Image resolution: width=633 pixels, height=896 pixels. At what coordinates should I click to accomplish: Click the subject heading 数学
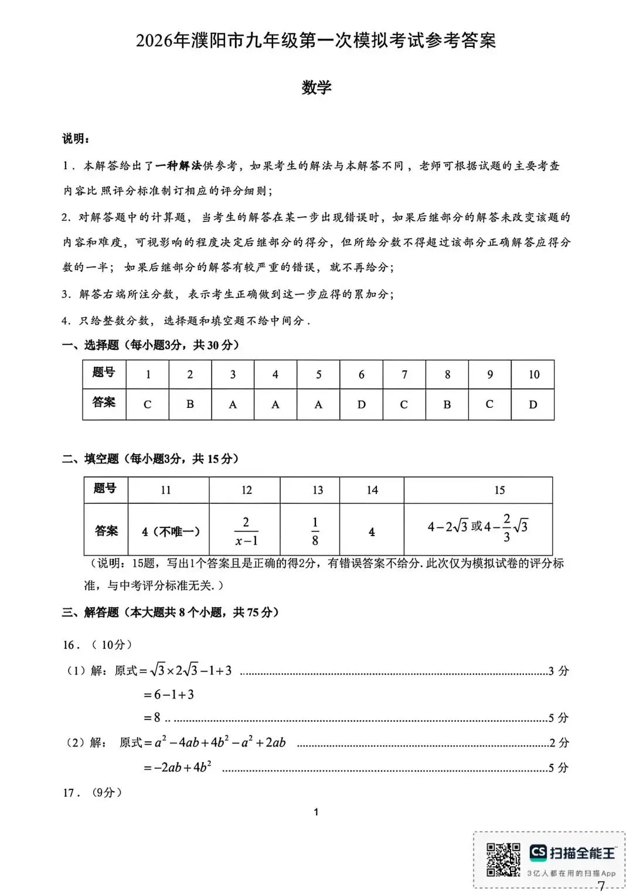coord(316,87)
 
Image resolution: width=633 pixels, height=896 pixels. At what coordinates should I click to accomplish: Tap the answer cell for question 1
coord(147,404)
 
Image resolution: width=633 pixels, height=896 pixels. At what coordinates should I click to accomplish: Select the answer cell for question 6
coord(361,404)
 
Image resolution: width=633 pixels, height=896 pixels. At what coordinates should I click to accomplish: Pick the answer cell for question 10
coord(533,404)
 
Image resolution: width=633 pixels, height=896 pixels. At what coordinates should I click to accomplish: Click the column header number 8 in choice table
coord(447,374)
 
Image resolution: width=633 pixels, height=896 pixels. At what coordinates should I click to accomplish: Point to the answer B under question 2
coord(190,404)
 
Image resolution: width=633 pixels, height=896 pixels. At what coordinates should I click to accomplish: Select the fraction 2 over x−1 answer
coord(246,531)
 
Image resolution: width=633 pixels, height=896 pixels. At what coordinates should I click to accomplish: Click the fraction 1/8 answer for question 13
coord(315,531)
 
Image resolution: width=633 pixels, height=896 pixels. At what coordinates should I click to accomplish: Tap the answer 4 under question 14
coord(372,532)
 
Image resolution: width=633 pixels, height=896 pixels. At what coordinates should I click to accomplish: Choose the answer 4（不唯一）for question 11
coord(171,532)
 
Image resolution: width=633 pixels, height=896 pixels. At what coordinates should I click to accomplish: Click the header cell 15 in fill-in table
coord(499,490)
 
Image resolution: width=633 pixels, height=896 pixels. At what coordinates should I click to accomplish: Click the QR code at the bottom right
coord(503,860)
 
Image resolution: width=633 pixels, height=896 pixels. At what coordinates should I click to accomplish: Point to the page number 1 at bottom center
coord(316,812)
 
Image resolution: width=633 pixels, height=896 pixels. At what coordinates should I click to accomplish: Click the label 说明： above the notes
coord(76,139)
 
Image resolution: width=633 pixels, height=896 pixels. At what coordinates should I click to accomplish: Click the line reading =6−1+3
coord(169,695)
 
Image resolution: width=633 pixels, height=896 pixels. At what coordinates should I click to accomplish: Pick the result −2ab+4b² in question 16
coord(178,767)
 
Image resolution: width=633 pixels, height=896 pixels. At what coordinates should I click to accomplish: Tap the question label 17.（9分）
coord(93,793)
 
